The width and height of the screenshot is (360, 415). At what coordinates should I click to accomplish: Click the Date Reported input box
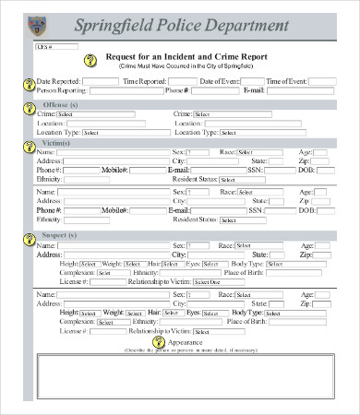(93, 82)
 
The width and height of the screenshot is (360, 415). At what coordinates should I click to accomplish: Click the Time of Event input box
(321, 82)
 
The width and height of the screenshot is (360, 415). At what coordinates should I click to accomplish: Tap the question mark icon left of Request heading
(89, 61)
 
